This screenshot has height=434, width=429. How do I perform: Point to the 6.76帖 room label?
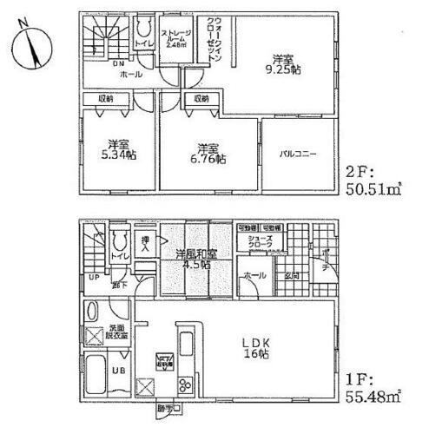(x=207, y=153)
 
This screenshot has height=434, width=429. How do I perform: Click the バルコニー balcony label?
(x=297, y=155)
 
